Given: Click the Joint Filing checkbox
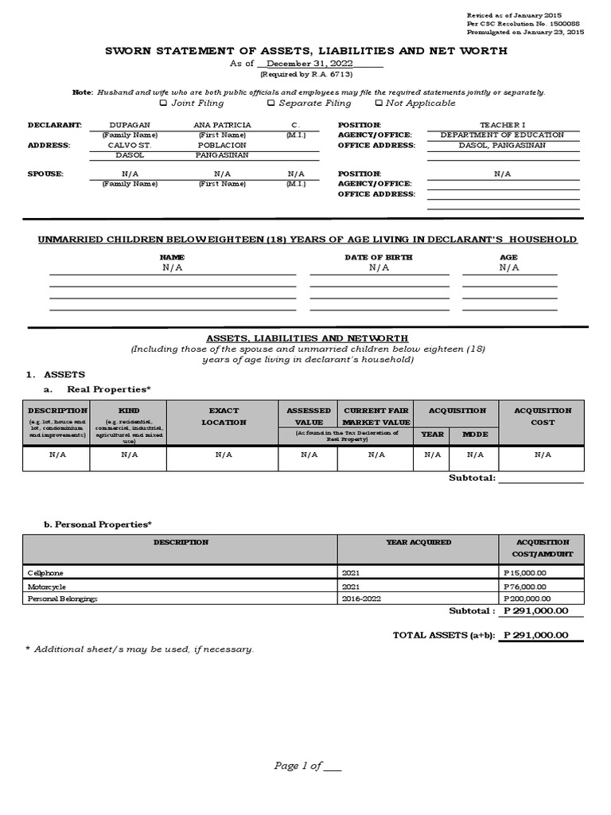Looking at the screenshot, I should click(163, 103).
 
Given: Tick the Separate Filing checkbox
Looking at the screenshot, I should click(270, 103).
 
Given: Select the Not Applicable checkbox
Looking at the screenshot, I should click(379, 103).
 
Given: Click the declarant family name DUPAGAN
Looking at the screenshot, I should click(128, 125).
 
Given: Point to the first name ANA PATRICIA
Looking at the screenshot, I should click(222, 125).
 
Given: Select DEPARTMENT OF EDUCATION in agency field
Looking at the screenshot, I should click(502, 135).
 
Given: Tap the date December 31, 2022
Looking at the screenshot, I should click(311, 64).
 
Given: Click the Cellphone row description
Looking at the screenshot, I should click(46, 572).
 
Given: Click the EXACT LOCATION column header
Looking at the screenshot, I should click(224, 416).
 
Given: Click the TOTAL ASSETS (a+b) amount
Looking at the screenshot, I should click(535, 634).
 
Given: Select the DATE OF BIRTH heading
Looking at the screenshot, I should click(379, 257).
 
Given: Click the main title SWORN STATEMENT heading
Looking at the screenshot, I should click(305, 51).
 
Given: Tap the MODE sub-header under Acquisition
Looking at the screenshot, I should click(475, 435).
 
